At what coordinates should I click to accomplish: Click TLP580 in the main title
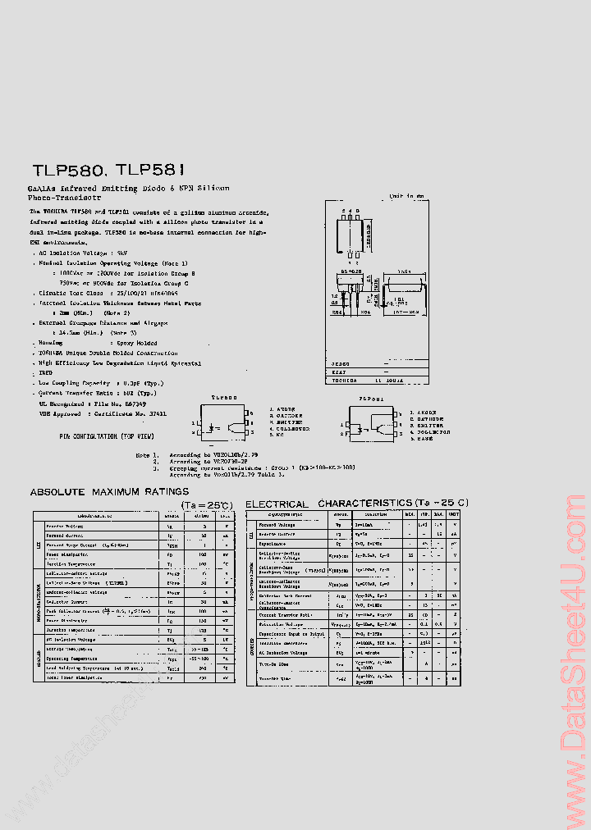point(67,171)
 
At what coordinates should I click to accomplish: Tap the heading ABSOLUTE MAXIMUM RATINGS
point(109,492)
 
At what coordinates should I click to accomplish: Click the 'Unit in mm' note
point(406,197)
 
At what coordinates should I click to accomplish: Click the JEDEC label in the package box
point(341,363)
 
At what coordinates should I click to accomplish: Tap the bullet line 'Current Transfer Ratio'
point(95,394)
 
